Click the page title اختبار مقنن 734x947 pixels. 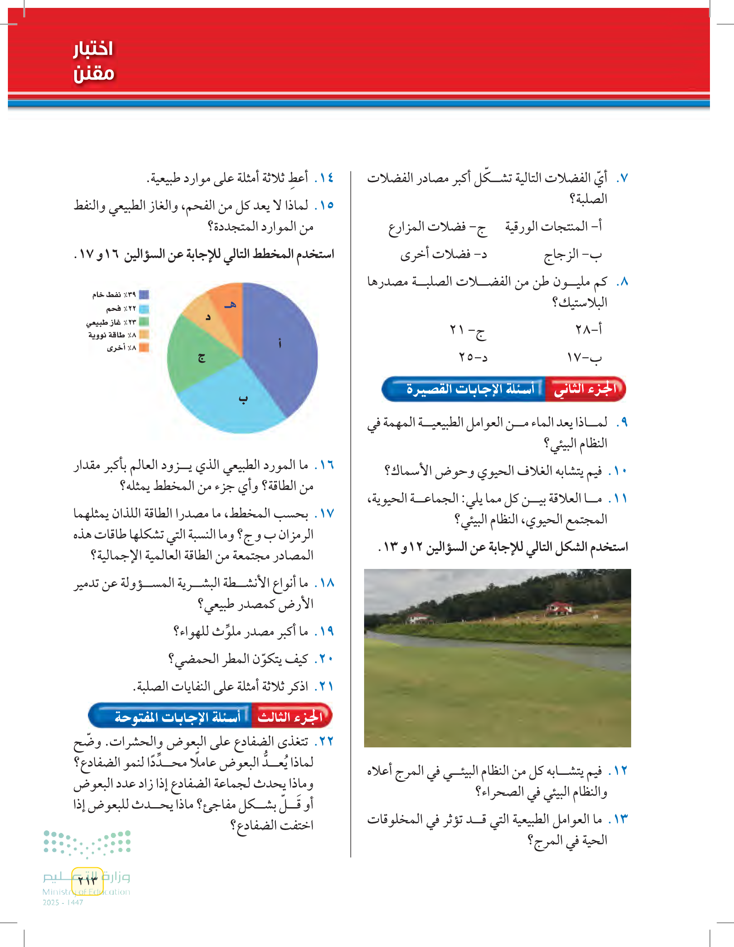pos(93,61)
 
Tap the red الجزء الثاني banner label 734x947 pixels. pos(585,389)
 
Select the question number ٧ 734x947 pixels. pos(622,178)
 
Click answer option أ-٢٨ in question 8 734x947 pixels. pos(588,329)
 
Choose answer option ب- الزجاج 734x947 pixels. pos(573,254)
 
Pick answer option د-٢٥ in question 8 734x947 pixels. pos(473,357)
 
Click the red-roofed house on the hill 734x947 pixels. pos(559,608)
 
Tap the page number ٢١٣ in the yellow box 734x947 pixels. pos(87,880)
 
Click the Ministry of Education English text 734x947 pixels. pos(86,892)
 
